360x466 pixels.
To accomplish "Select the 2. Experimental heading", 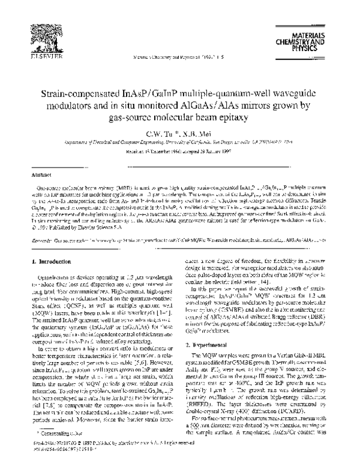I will pyautogui.click(x=206, y=346).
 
